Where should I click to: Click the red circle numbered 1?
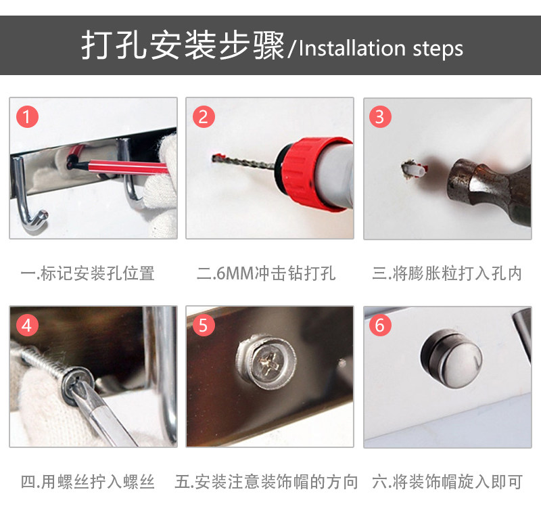(x=27, y=116)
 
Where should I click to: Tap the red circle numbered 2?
(x=204, y=116)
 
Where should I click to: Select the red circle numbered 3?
(x=380, y=116)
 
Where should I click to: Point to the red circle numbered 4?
(x=27, y=325)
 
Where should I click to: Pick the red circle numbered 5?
(x=204, y=325)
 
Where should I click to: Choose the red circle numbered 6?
(x=380, y=325)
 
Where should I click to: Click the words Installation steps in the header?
(x=381, y=48)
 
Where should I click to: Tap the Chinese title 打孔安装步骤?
(x=183, y=45)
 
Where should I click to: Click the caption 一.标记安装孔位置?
(x=88, y=273)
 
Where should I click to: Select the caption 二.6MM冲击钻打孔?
(x=266, y=273)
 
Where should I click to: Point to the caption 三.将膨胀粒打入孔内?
(x=447, y=273)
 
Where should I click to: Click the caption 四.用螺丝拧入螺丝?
(x=88, y=482)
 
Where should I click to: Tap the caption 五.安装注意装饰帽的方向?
(x=266, y=482)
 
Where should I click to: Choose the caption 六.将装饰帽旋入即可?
(x=447, y=482)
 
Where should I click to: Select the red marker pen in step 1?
(x=117, y=164)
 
